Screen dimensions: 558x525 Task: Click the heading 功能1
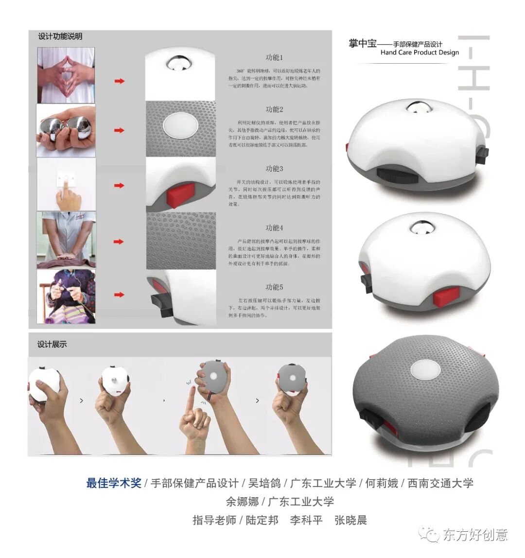(274, 58)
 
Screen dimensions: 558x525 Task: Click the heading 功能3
(274, 169)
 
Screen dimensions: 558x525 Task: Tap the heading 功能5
(274, 287)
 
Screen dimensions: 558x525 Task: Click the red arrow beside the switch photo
(119, 185)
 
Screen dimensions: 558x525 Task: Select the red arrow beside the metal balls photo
(119, 130)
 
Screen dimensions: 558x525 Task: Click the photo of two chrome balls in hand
(66, 130)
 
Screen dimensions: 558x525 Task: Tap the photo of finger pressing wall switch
(66, 184)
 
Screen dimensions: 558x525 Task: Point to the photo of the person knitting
(66, 296)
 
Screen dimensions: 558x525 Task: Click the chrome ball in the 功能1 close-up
(180, 63)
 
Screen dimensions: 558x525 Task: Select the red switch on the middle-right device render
(446, 296)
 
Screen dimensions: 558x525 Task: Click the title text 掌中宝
(363, 43)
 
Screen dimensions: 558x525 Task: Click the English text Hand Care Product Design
(420, 52)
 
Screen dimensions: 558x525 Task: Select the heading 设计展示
(52, 344)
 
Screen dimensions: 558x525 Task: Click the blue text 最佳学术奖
(114, 483)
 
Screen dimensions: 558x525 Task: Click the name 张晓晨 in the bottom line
(350, 520)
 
